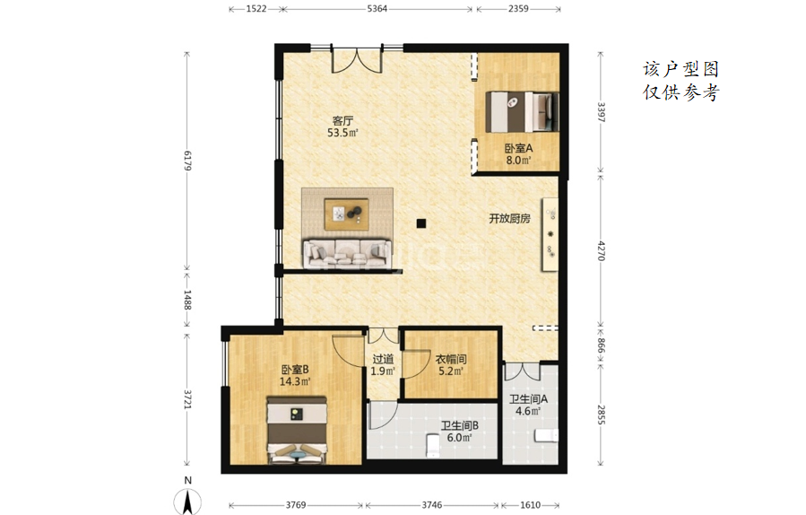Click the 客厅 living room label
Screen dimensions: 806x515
coord(342,121)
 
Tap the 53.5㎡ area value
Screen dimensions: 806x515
coord(342,133)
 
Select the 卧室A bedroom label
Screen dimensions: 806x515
coord(519,148)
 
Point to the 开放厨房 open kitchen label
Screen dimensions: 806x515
coord(509,218)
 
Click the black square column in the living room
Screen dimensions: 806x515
coord(421,223)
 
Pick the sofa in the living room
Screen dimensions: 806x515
coord(345,253)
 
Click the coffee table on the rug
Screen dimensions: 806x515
coord(346,214)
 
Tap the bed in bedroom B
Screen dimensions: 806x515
coord(297,430)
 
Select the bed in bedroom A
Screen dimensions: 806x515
coord(522,111)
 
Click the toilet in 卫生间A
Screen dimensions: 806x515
coord(546,436)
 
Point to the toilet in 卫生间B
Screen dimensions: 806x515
coord(433,446)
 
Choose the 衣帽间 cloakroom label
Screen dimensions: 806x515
coord(451,359)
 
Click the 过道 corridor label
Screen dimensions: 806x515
coord(383,359)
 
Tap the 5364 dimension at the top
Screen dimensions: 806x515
coord(377,8)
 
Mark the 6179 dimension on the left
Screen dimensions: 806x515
coord(187,161)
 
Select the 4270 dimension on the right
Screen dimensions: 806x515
coord(601,250)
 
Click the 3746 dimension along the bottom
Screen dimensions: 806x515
coord(432,505)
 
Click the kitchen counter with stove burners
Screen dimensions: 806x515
coord(549,234)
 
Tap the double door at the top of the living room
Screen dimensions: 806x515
coord(357,59)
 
